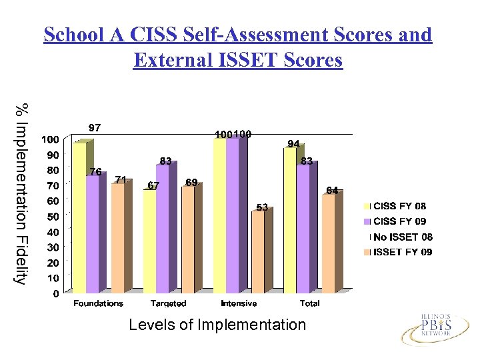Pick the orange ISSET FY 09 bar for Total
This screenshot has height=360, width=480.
[328, 243]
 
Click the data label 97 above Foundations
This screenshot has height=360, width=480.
[95, 127]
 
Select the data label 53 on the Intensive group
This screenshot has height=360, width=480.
[262, 207]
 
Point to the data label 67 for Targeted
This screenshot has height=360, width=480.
[153, 186]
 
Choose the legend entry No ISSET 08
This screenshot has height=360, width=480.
[403, 237]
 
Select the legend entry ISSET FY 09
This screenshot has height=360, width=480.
[403, 252]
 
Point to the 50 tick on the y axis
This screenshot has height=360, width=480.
[51, 217]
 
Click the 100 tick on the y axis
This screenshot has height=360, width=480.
[49, 139]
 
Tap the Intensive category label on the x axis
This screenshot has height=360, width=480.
[239, 303]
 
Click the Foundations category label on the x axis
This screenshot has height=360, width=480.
[98, 303]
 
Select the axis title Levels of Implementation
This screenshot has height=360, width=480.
[217, 325]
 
